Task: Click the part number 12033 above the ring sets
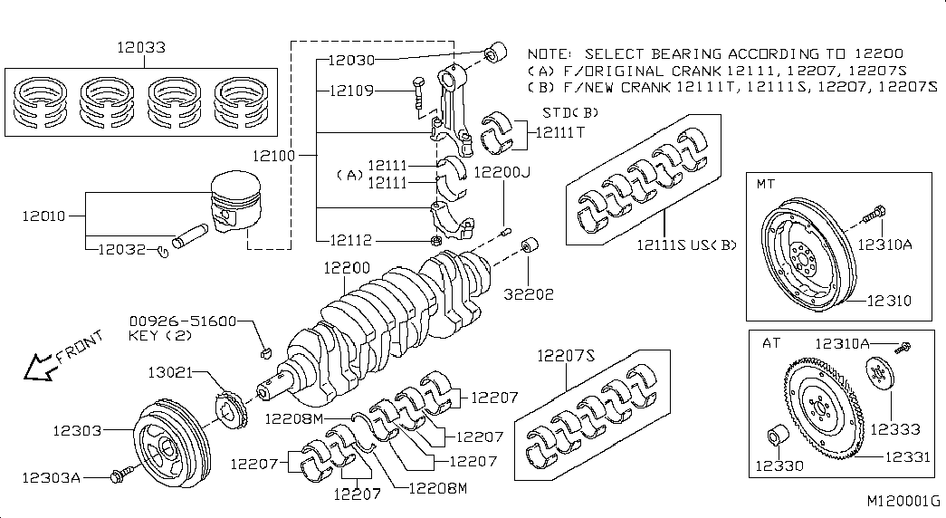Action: pos(141,47)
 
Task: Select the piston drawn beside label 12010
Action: pos(236,202)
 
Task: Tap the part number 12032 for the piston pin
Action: pos(122,249)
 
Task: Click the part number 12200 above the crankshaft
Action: pos(347,267)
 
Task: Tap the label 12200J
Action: pos(502,173)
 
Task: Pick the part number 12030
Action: pos(352,60)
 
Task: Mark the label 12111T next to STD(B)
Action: pos(560,132)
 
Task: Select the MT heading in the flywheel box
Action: pos(766,184)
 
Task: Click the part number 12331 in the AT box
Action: pos(908,457)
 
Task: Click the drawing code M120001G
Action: pos(903,501)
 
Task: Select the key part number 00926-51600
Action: pos(183,321)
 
